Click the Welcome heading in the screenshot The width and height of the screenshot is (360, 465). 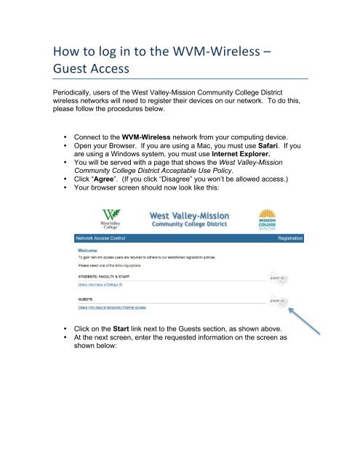point(89,248)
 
